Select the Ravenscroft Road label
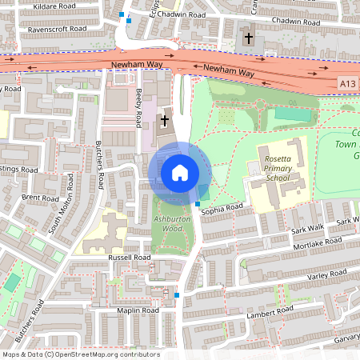click(57, 27)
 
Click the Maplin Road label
click(138, 310)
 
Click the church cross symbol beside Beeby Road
click(165, 121)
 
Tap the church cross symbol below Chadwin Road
click(249, 38)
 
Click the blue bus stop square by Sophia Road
click(198, 205)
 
